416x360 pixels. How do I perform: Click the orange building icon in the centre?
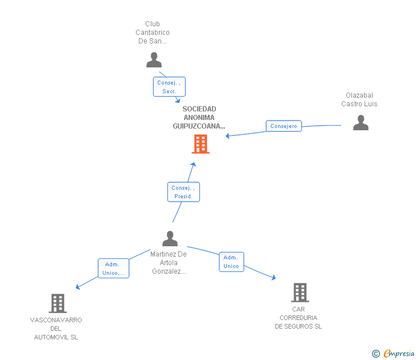pos(201,144)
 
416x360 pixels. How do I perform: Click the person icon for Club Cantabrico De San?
pos(154,60)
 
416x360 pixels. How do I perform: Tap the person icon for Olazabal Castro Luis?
pos(361,123)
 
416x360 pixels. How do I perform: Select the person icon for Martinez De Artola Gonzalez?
pos(170,238)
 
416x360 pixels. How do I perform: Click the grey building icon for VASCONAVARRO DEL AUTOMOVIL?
pos(58,303)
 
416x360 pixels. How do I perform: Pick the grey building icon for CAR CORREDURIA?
pos(300,292)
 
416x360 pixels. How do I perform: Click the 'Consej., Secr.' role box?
pos(169,87)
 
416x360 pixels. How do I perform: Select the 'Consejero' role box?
pos(283,126)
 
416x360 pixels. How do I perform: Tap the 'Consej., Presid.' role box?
pos(183,192)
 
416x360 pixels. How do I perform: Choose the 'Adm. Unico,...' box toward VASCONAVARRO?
pos(113,269)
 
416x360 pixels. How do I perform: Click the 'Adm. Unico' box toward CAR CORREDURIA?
pos(231,262)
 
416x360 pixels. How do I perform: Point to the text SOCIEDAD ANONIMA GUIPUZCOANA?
pos(199,117)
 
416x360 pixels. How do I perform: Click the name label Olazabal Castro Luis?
pos(359,99)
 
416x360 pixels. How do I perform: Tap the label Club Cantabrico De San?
pos(153,33)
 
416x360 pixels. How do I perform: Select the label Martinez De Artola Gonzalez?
pos(169,263)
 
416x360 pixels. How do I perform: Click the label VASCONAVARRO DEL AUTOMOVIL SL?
pos(56,329)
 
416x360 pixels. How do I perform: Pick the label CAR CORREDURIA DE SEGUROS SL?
pos(298,318)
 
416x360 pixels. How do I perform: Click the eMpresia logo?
pos(399,354)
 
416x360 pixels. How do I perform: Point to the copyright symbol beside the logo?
pos(376,354)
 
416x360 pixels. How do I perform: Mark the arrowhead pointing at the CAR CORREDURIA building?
pos(274,278)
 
